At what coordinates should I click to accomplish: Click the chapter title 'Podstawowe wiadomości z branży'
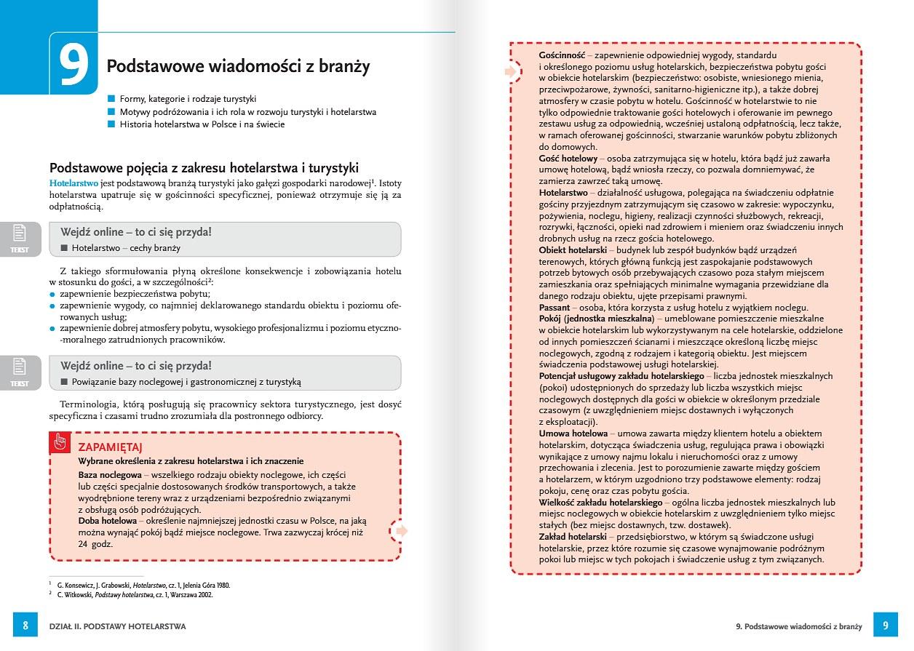point(238,66)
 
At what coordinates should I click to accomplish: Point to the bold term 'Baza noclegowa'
point(109,474)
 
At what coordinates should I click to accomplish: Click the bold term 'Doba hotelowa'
point(107,521)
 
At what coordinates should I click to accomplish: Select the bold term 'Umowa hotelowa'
point(573,434)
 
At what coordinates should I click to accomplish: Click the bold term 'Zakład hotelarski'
point(573,537)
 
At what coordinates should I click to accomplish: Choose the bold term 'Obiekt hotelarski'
point(573,250)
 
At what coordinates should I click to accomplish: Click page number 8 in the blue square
point(25,626)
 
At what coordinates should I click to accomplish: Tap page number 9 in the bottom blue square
point(886,626)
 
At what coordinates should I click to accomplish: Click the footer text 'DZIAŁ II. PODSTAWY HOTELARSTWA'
point(117,626)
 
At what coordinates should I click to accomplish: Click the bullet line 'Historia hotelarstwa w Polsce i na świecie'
point(202,124)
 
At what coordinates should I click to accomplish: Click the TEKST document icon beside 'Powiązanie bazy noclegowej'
point(20,372)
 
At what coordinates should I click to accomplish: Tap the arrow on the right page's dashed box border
point(512,71)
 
